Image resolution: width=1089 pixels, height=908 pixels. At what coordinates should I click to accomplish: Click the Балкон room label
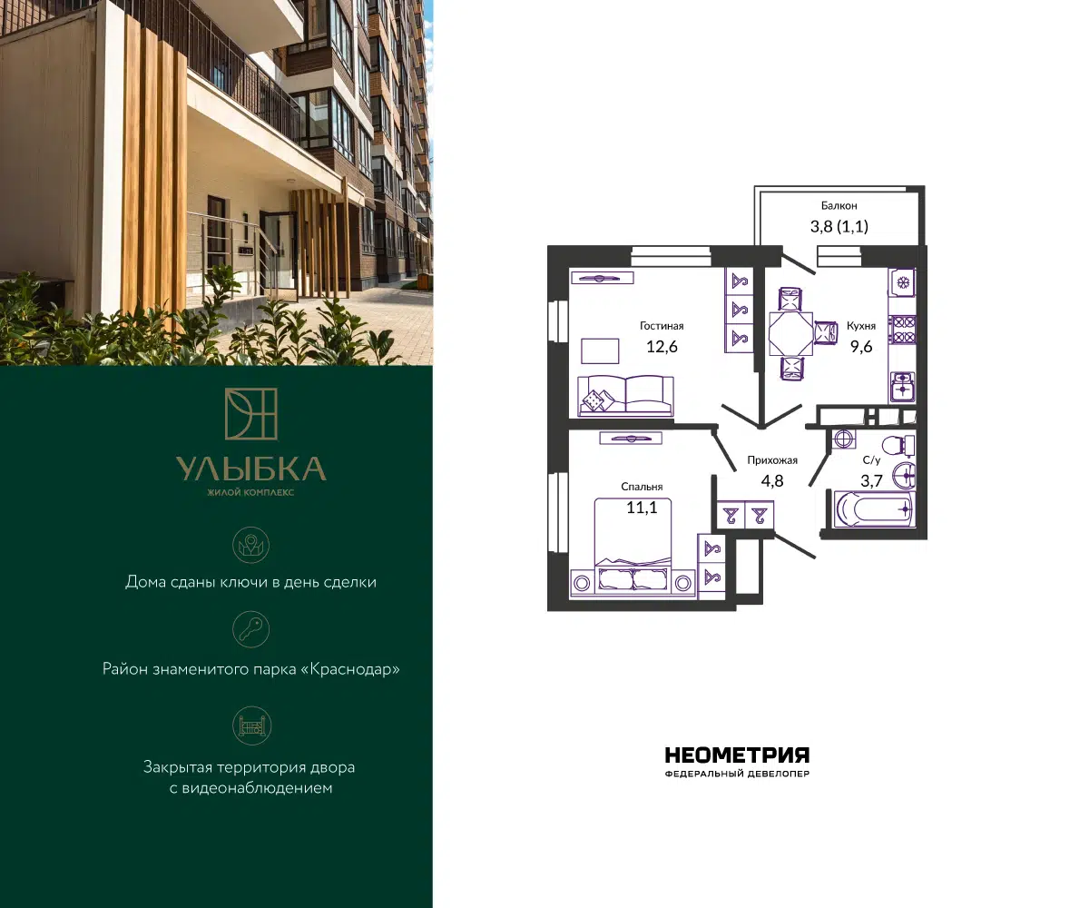[x=839, y=205]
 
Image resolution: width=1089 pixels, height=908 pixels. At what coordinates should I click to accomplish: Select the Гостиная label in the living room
[x=662, y=326]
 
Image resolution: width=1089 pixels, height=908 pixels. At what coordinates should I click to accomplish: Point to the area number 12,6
[x=662, y=347]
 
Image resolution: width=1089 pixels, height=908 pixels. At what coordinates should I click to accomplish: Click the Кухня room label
[x=861, y=326]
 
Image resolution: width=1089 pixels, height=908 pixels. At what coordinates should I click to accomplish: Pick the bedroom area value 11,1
[x=642, y=508]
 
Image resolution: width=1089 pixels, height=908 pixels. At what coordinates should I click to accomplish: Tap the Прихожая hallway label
[x=772, y=460]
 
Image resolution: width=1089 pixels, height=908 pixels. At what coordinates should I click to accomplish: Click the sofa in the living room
[x=625, y=396]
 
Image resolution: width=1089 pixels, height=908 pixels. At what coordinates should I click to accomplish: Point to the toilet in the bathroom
[x=898, y=446]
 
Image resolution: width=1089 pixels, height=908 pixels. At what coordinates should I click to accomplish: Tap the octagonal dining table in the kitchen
[x=790, y=333]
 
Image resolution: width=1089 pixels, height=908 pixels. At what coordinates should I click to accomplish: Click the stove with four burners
[x=902, y=330]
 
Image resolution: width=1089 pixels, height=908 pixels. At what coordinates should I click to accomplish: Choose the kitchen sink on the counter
[x=902, y=386]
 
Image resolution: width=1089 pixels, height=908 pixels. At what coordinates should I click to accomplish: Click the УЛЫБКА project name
[x=250, y=469]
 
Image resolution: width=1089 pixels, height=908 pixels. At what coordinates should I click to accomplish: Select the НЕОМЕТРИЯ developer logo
[x=737, y=755]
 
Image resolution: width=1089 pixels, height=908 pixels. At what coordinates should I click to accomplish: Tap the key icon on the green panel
[x=250, y=629]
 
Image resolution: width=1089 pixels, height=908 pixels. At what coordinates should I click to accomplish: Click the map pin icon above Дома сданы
[x=250, y=545]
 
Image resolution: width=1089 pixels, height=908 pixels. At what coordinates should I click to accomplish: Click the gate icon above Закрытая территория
[x=250, y=725]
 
